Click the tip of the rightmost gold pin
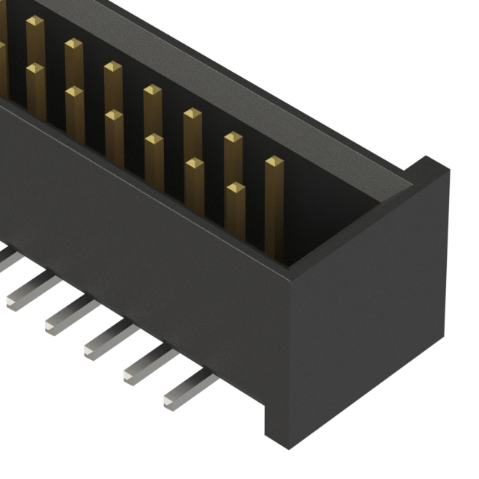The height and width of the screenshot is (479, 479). pyautogui.click(x=274, y=162)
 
